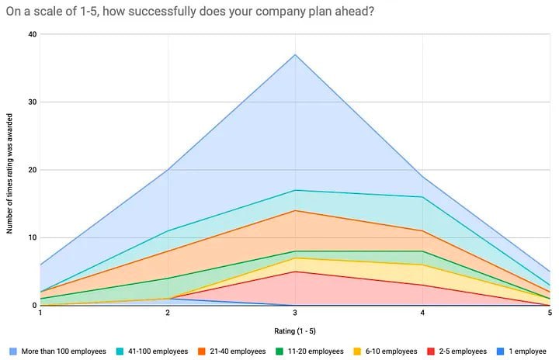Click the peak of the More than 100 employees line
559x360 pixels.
pyautogui.click(x=295, y=54)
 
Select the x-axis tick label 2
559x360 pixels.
pyautogui.click(x=168, y=313)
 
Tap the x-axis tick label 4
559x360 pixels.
pyautogui.click(x=422, y=313)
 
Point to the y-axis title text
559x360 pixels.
pyautogui.click(x=10, y=170)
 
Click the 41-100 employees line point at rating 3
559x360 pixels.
pyautogui.click(x=295, y=190)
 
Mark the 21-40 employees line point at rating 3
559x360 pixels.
pyautogui.click(x=295, y=210)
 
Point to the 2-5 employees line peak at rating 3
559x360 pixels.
pyautogui.click(x=295, y=272)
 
